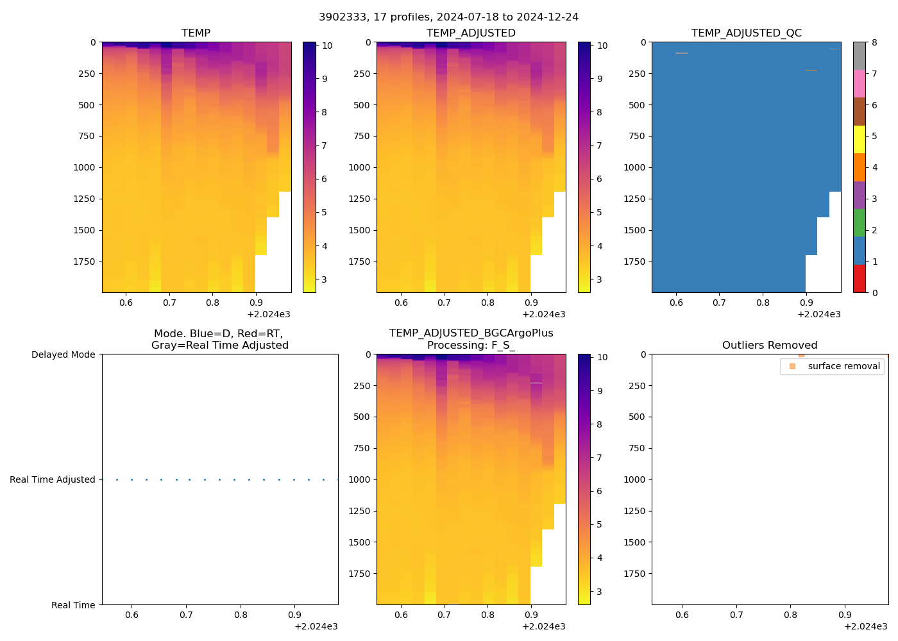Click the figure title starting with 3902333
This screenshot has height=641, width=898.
tap(448, 17)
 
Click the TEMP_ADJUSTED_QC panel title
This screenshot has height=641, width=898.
tap(746, 33)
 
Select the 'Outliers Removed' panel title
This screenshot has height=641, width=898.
tap(769, 345)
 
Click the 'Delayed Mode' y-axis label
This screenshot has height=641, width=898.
tap(63, 354)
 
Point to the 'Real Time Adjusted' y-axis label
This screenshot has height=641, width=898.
tap(52, 479)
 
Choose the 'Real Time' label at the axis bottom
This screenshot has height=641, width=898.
tap(73, 605)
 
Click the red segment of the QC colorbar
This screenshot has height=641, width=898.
tap(859, 279)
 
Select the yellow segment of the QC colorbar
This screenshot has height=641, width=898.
tap(859, 139)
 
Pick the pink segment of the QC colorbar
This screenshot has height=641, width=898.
tap(859, 83)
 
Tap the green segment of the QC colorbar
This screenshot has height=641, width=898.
tap(859, 222)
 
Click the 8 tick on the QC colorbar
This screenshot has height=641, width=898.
tap(874, 42)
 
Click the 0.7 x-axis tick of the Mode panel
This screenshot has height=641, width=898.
tap(186, 615)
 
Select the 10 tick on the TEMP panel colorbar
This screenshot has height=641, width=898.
tap(326, 46)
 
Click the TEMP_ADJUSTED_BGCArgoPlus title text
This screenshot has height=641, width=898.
tap(471, 333)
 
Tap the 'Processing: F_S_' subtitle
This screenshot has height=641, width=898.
tap(471, 345)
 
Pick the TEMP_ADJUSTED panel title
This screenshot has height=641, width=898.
tap(471, 33)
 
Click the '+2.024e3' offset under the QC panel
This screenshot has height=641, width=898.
tap(818, 314)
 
